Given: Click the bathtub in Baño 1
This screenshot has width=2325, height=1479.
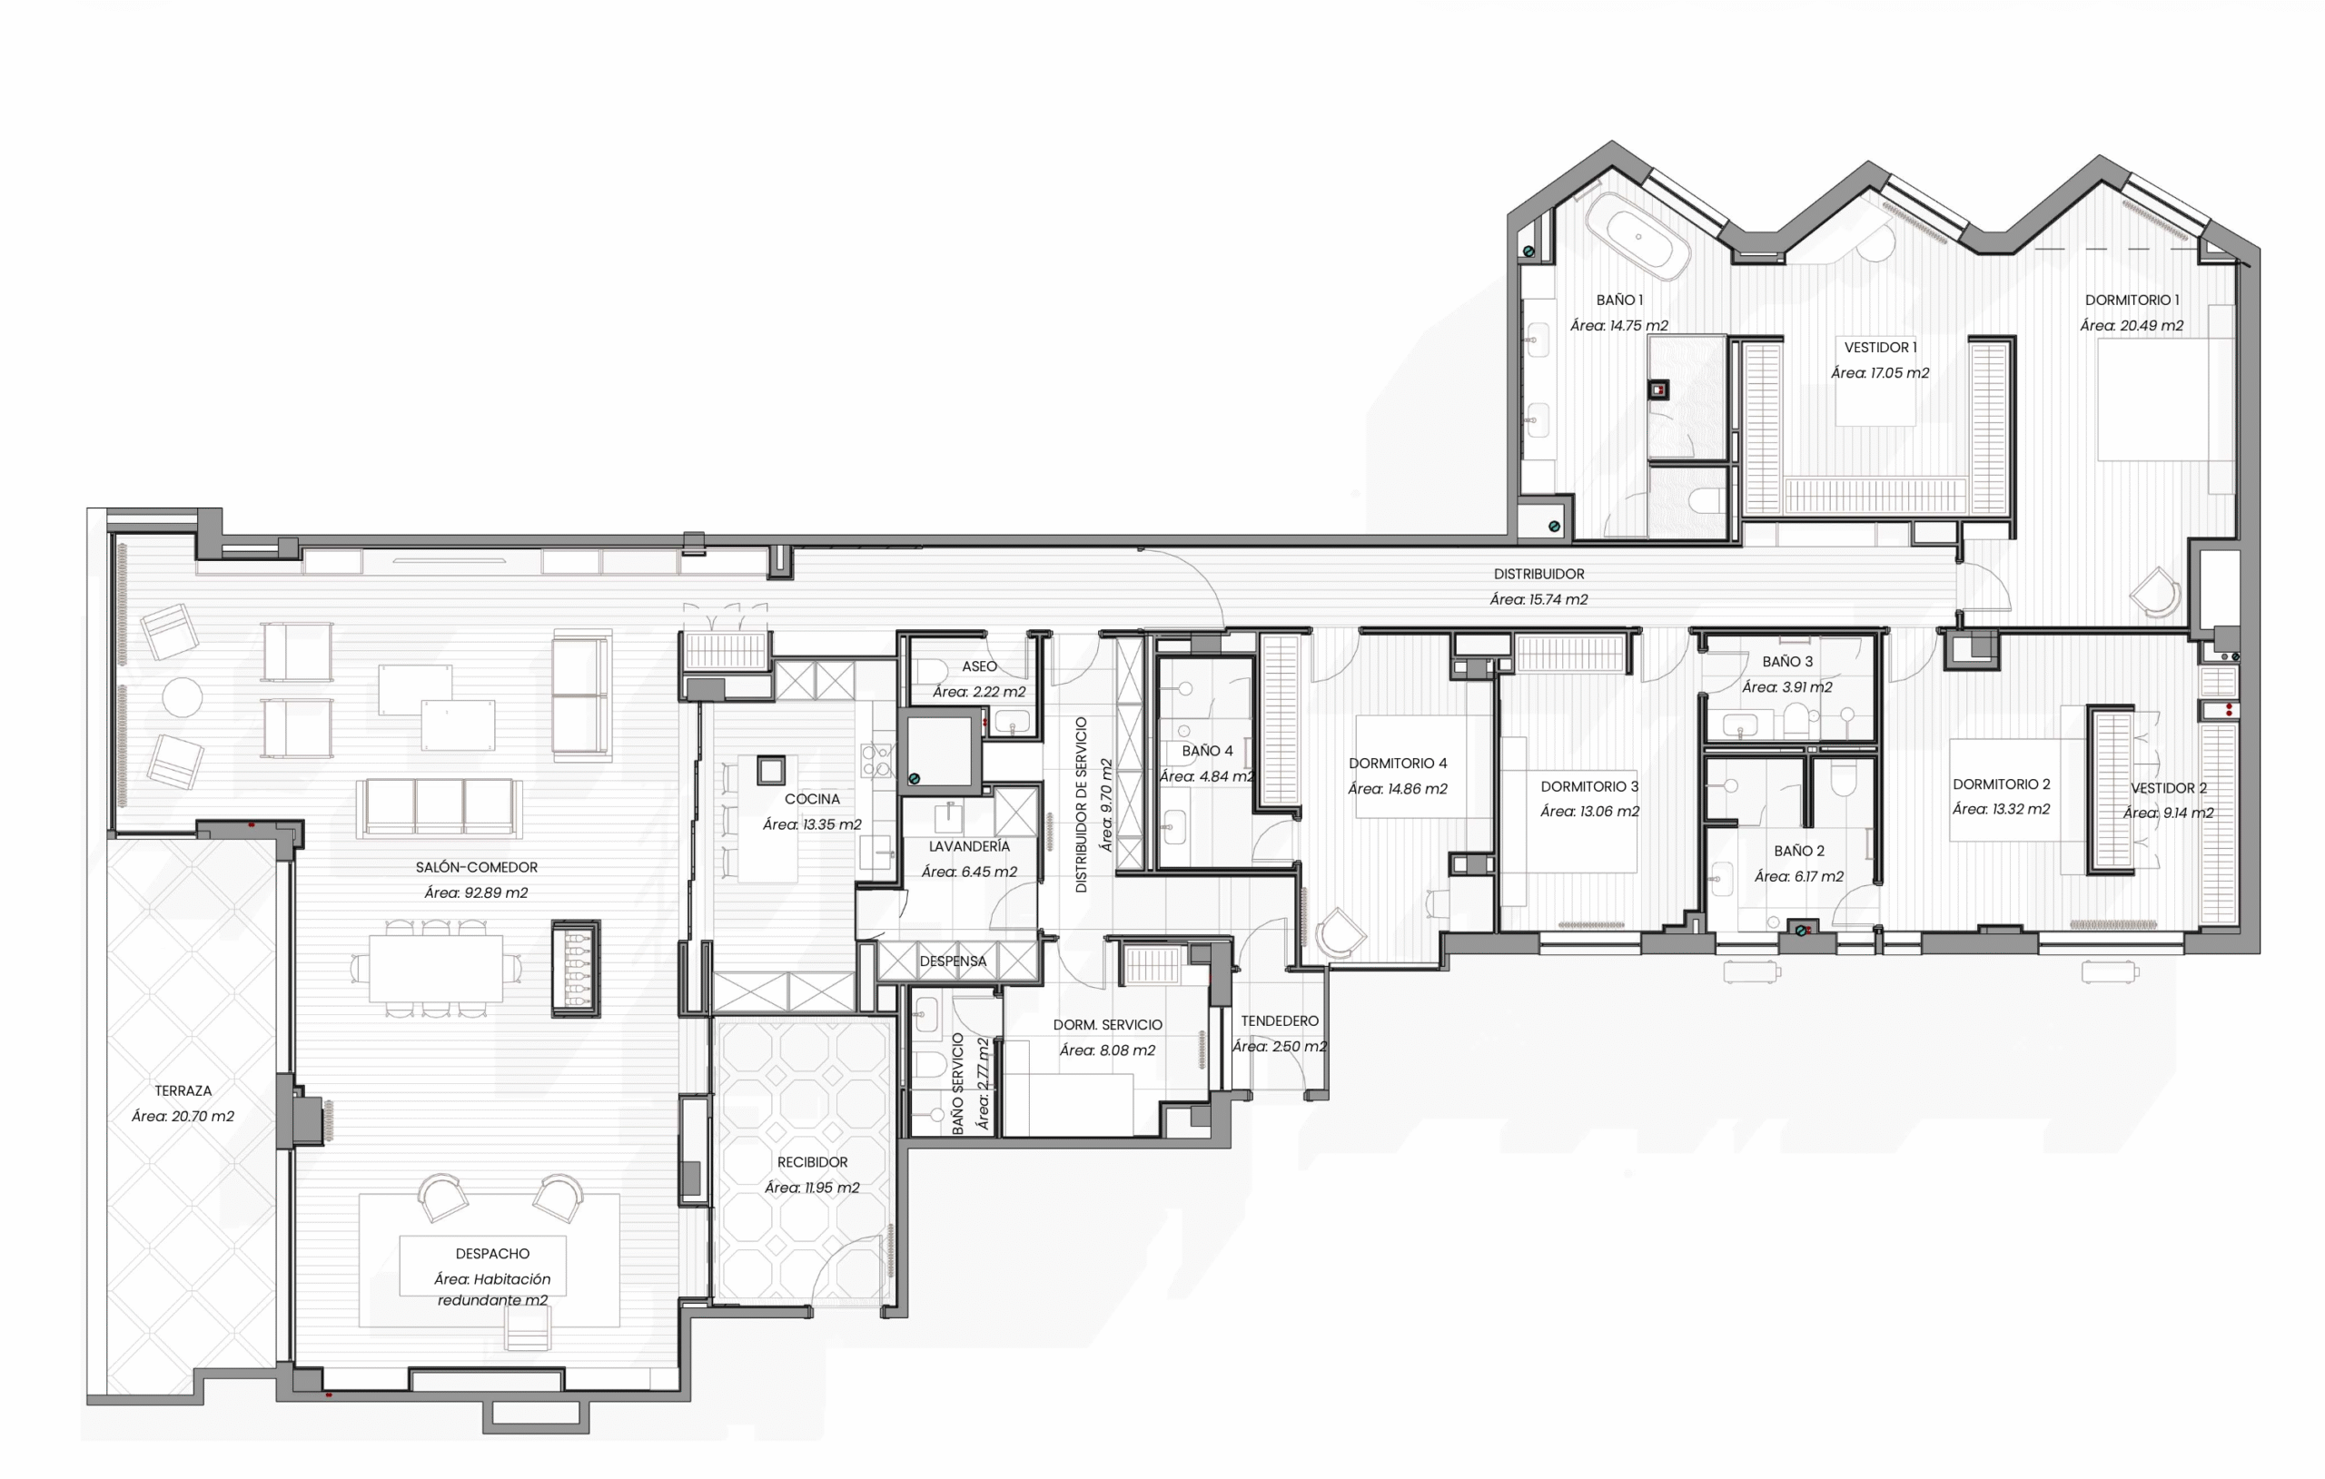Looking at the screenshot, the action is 1638,237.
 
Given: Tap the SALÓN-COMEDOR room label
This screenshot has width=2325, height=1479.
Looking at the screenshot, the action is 476,868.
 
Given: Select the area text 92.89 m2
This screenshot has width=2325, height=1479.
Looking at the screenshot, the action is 476,893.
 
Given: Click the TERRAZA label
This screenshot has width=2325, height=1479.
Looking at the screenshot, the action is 183,1091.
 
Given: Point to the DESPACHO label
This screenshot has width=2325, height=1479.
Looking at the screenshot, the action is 492,1254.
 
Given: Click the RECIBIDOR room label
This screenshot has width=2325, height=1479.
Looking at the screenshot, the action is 812,1162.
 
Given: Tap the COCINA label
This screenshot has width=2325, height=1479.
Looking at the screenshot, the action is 812,799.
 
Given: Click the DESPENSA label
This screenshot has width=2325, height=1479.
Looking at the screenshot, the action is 953,961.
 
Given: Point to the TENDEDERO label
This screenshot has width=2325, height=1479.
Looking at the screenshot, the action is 1280,1021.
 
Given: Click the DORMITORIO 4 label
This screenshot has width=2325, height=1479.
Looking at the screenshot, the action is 1397,764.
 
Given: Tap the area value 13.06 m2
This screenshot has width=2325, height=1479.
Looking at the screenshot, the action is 1589,812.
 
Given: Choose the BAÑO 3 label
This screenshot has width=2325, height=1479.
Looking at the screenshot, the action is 1787,662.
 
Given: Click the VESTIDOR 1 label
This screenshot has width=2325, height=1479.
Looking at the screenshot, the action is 1880,348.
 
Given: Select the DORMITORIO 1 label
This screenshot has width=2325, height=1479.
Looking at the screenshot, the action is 2132,301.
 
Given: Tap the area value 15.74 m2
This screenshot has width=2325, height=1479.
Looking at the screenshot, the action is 1538,599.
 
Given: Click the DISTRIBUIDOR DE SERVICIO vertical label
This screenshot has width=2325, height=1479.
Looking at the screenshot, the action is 1082,804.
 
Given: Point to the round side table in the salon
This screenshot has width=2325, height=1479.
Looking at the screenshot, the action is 182,697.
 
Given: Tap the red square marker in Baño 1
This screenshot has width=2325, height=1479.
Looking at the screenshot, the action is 1657,390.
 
